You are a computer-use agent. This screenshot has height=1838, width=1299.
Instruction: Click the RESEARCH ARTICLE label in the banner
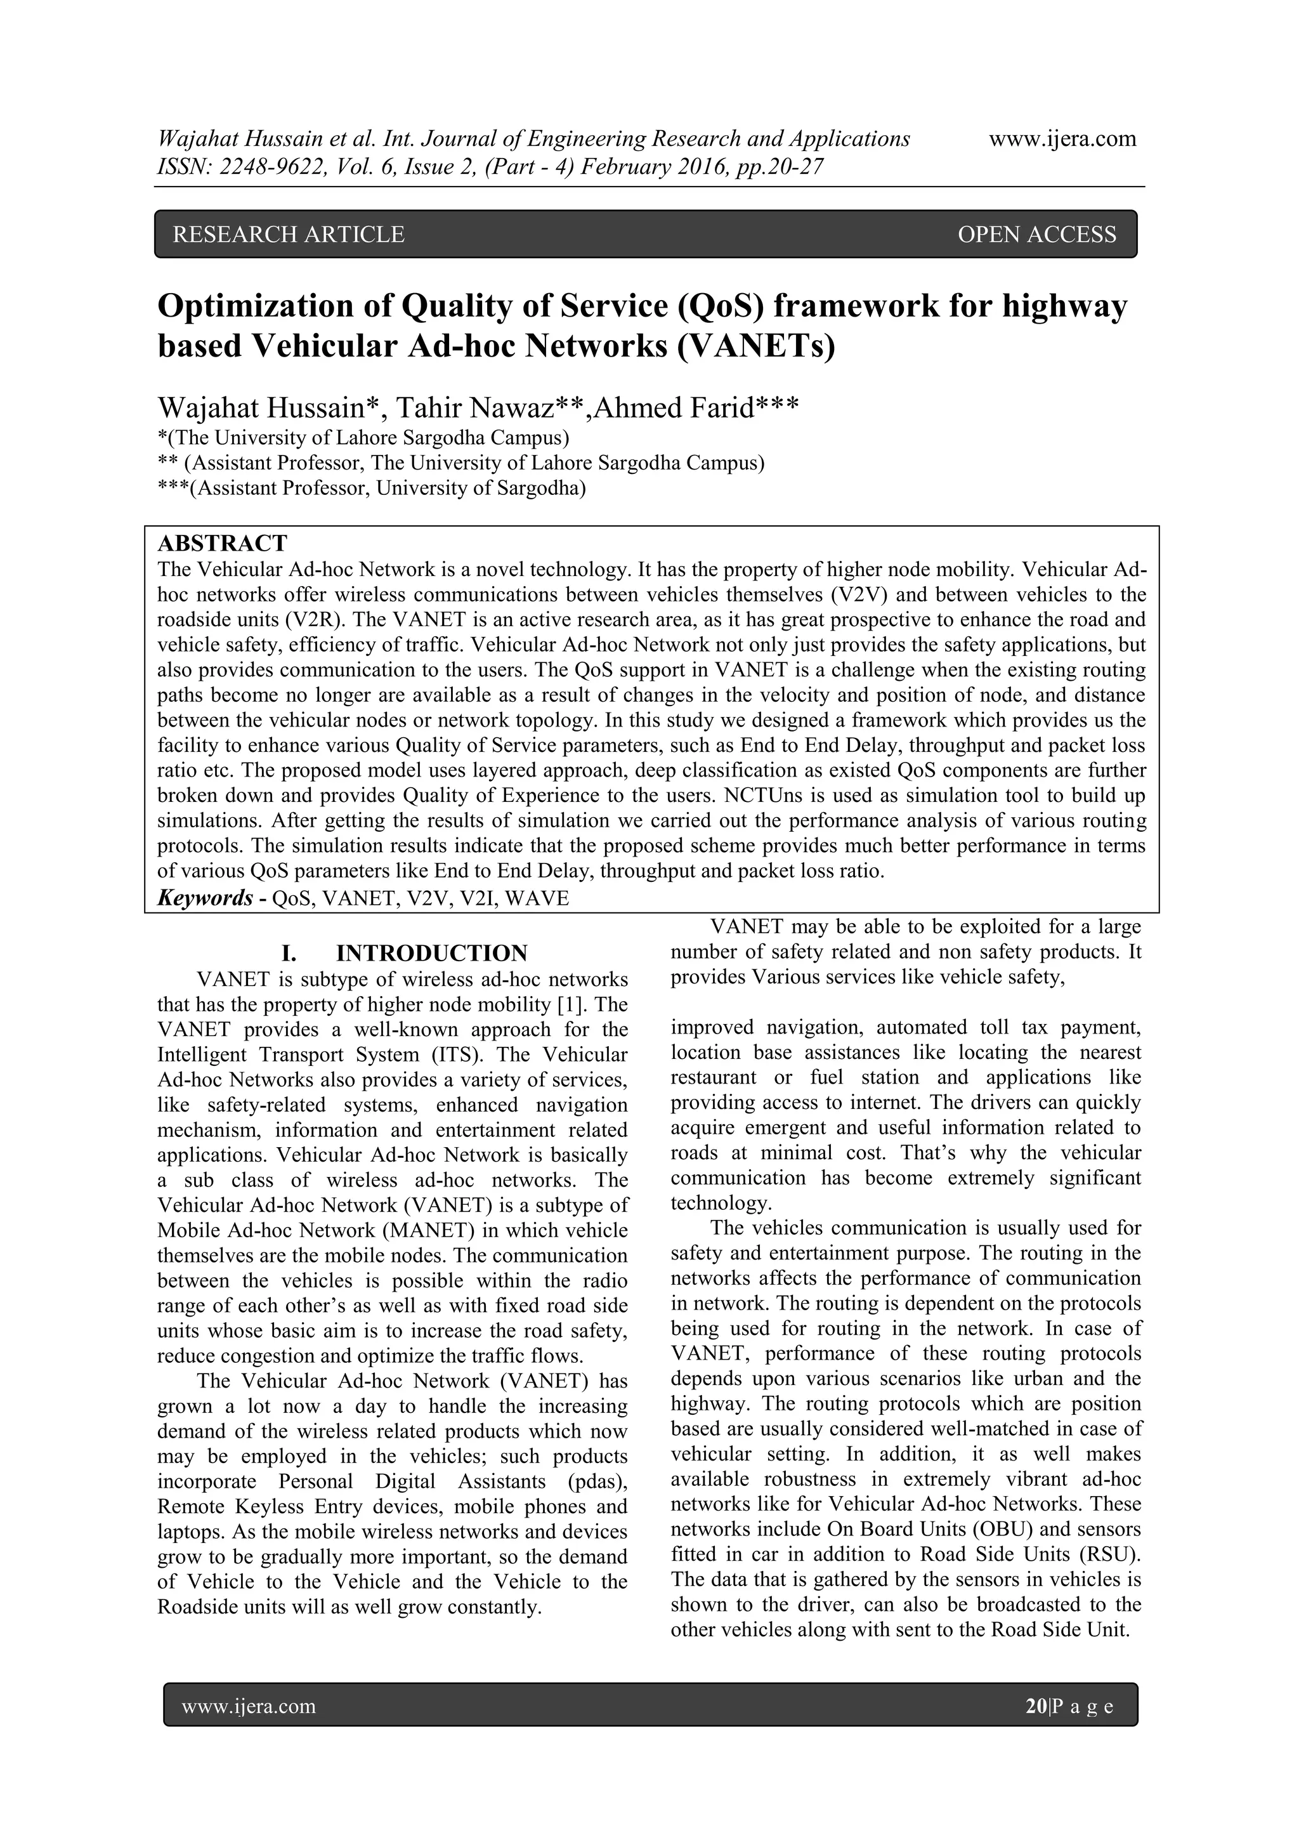pyautogui.click(x=289, y=235)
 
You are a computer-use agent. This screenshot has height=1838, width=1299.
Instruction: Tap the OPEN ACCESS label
pyautogui.click(x=1036, y=235)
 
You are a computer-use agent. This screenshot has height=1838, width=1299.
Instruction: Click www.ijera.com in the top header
pyautogui.click(x=1062, y=140)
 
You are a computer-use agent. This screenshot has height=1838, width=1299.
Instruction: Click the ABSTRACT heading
pyautogui.click(x=223, y=544)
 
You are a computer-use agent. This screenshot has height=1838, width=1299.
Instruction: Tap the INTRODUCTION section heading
pyautogui.click(x=431, y=954)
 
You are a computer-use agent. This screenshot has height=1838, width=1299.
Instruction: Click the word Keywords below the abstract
pyautogui.click(x=205, y=898)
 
